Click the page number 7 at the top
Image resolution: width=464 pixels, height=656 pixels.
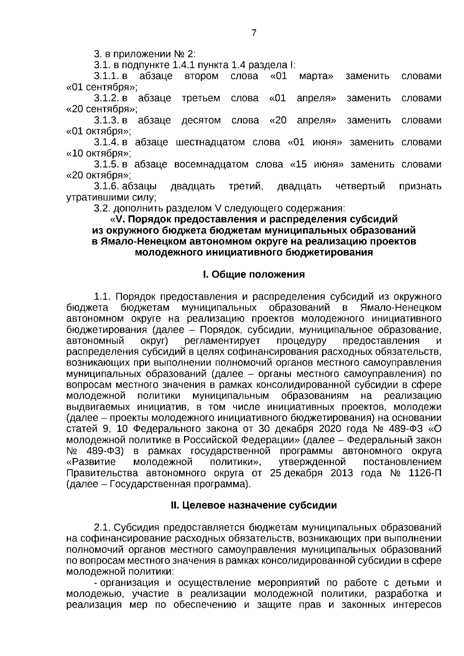254,33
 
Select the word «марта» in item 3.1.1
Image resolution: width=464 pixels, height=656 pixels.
316,76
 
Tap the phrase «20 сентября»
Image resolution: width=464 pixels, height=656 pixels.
102,109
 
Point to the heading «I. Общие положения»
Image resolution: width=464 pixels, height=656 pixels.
254,274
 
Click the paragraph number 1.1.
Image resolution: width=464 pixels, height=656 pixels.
102,296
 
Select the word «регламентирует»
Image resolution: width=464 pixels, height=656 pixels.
223,341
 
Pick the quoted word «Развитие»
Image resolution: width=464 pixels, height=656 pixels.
91,462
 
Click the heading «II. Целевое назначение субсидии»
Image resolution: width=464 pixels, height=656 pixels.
254,506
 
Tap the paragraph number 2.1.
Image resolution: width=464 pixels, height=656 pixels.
102,528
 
